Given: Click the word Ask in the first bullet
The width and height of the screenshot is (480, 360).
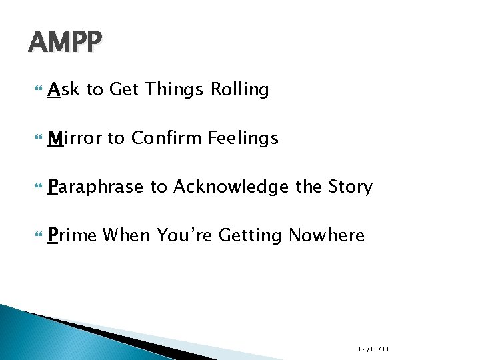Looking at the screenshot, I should pos(64,89).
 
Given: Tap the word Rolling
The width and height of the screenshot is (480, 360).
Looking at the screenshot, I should pos(239,89).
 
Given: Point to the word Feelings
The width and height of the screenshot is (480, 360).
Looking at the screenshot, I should pos(243,138).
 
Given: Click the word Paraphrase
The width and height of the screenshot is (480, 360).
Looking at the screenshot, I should pos(96,187).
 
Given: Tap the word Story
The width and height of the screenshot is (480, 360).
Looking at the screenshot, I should pos(351,187).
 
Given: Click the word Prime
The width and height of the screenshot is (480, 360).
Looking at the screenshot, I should pos(73,235).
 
